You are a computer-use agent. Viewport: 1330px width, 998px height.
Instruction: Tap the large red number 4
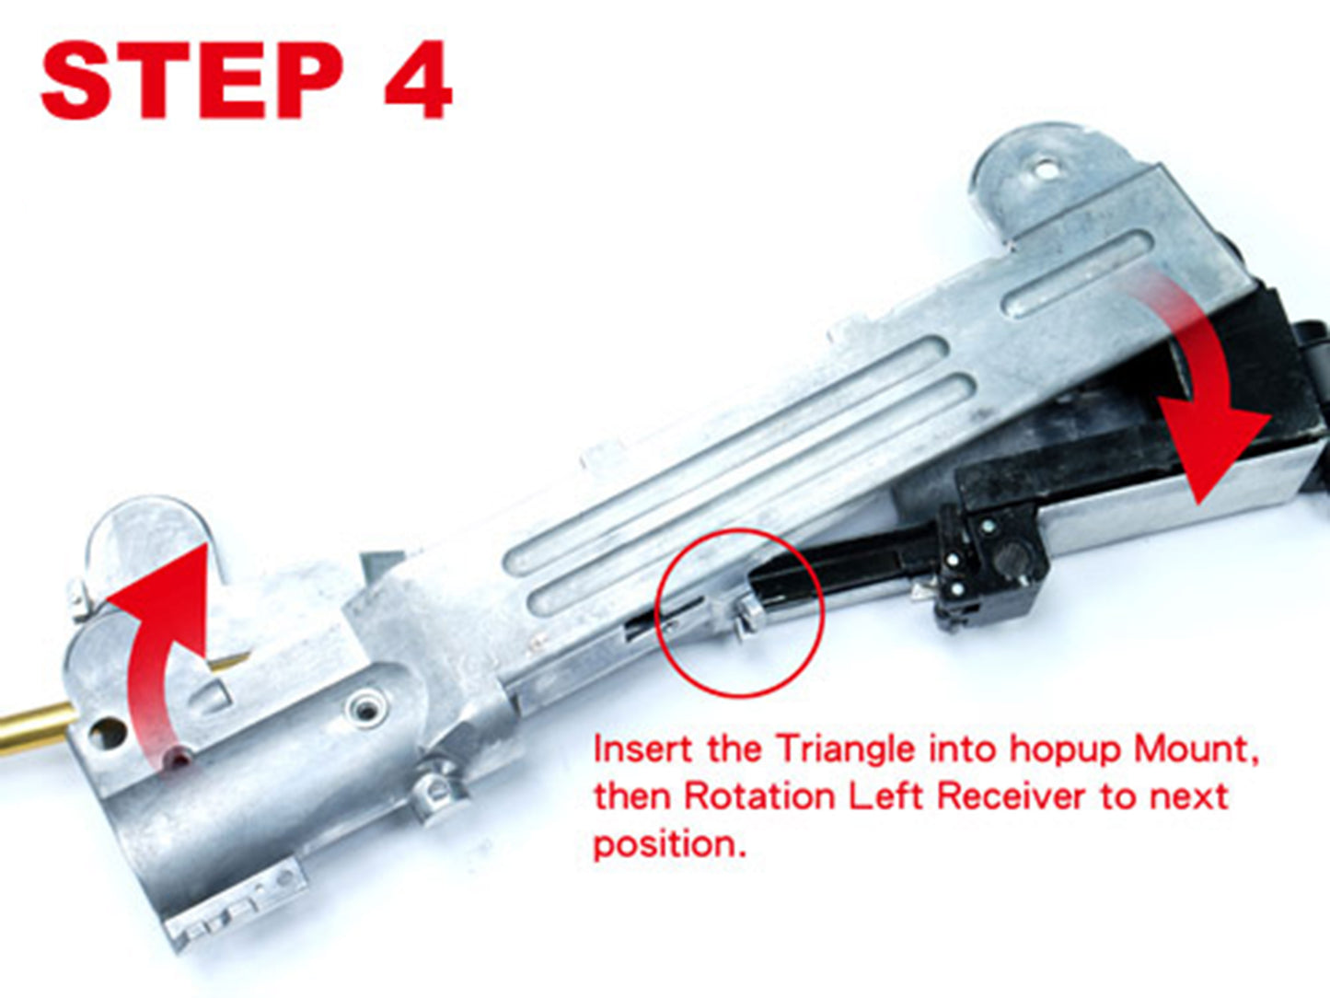coord(418,81)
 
